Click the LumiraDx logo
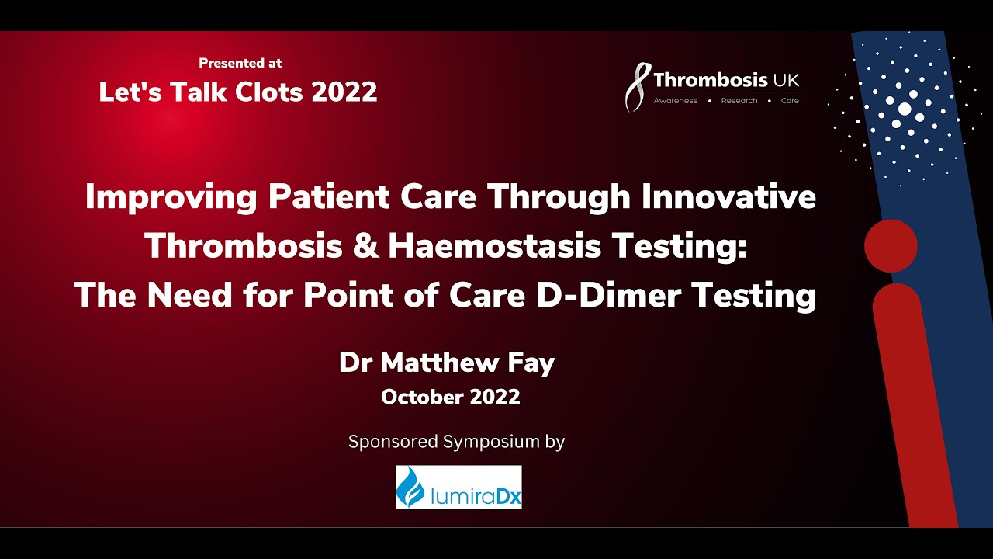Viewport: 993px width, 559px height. coord(458,487)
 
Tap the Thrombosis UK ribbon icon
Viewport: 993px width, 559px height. coord(636,88)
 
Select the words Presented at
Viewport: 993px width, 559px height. coord(240,63)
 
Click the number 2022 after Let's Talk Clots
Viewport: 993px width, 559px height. coord(344,92)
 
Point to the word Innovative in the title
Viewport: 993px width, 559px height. coord(729,197)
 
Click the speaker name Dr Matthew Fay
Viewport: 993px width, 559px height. coord(446,363)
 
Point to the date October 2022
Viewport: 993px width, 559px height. coord(450,398)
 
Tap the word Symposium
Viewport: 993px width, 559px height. coord(490,443)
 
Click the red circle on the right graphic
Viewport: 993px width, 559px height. coord(891,245)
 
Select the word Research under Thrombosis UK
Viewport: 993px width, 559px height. coord(739,101)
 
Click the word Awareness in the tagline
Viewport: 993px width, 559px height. coord(675,101)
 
